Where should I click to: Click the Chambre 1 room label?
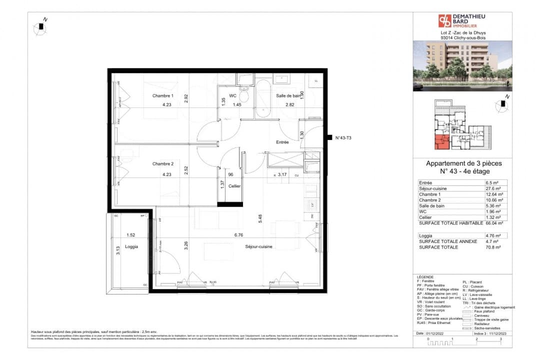tap(163, 95)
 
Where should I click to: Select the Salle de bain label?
tap(288, 95)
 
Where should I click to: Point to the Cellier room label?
tap(234, 186)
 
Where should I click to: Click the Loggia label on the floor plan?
tap(131, 246)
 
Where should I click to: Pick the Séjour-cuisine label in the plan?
tap(258, 246)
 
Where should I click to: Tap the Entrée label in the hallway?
tap(282, 142)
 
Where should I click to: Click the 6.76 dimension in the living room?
tap(238, 234)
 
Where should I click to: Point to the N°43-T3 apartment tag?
tap(343, 138)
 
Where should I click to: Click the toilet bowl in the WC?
tap(244, 96)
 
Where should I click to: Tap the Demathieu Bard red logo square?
tap(444, 20)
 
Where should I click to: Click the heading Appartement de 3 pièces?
tap(463, 163)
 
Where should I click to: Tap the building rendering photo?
tap(462, 66)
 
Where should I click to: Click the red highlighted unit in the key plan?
tap(440, 142)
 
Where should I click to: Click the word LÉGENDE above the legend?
tap(425, 277)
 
